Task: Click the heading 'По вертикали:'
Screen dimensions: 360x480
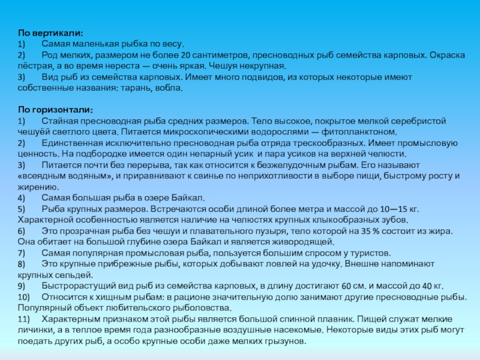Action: [50, 34]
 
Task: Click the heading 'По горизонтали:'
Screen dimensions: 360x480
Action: [55, 110]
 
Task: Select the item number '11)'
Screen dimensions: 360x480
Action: [24, 319]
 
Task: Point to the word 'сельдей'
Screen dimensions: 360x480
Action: [77, 275]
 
